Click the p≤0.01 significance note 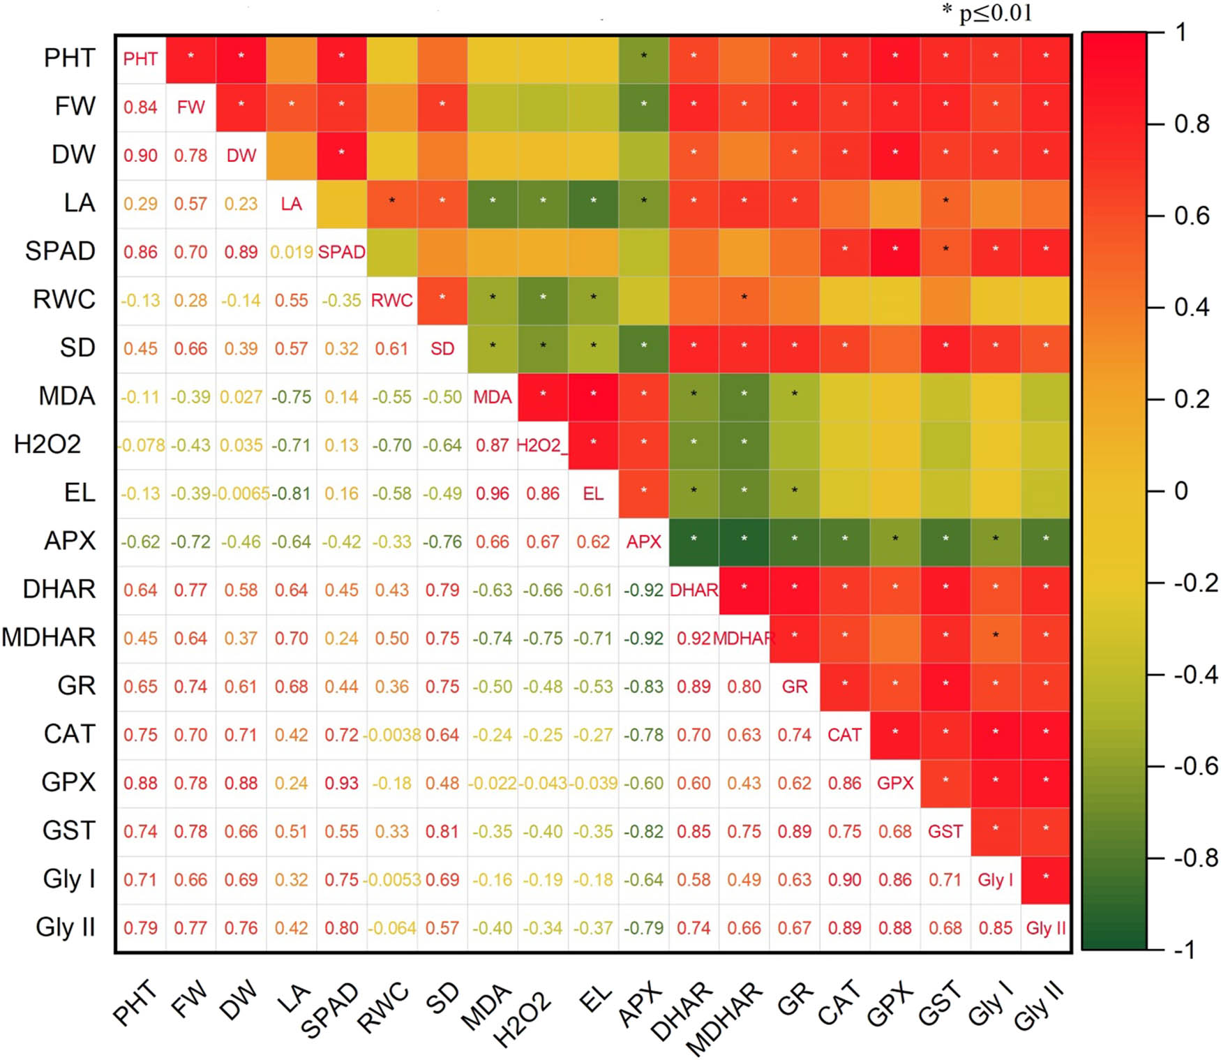click(987, 13)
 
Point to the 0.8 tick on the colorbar click(1191, 124)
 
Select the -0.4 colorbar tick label click(1194, 675)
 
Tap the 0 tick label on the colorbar click(1181, 491)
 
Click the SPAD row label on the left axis click(60, 251)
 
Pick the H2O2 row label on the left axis click(47, 445)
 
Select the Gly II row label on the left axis click(65, 927)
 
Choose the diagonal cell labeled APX click(643, 542)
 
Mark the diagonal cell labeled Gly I click(995, 879)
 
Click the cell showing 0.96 click(493, 493)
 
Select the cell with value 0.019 click(292, 252)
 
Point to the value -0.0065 click(241, 493)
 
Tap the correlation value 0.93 click(341, 783)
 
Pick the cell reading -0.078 click(141, 445)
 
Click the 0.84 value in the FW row click(140, 107)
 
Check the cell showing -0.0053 click(392, 879)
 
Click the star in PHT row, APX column click(643, 55)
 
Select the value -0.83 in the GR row click(643, 687)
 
